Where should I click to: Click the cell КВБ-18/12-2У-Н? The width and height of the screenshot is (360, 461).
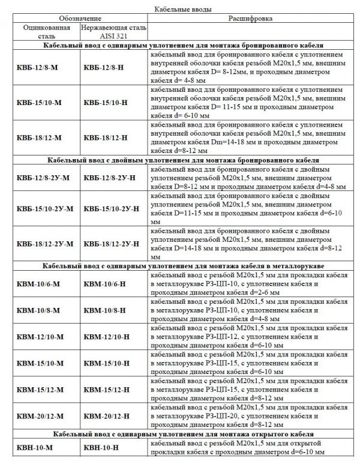pyautogui.click(x=112, y=243)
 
